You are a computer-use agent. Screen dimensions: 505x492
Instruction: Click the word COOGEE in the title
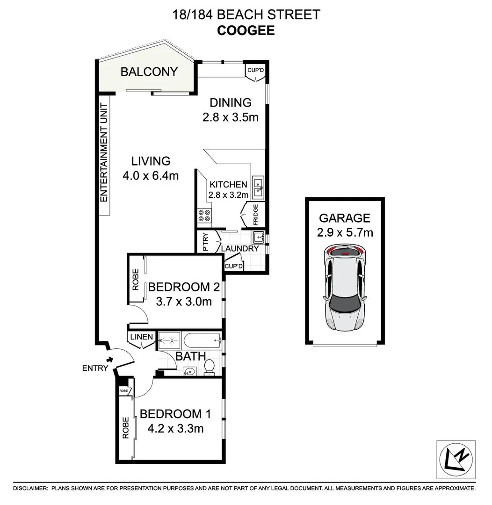pos(246,30)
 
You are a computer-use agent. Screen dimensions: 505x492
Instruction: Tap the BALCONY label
pos(149,72)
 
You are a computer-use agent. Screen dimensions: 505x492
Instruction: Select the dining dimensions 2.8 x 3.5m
pos(230,117)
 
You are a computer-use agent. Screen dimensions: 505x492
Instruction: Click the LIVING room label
pos(151,161)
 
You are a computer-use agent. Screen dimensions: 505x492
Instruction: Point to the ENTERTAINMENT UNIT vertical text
pos(104,152)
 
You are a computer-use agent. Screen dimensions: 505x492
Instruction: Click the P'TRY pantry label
pos(205,243)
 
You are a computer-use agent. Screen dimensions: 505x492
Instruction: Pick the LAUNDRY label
pos(239,249)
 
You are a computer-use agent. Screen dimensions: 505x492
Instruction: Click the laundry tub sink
pos(259,236)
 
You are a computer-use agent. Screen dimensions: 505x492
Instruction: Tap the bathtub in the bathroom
pos(201,339)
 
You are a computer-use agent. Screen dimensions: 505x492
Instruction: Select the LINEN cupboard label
pos(141,337)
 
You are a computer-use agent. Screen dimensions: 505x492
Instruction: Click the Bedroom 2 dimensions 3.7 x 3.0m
pos(184,302)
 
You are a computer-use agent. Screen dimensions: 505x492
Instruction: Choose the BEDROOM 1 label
pos(175,414)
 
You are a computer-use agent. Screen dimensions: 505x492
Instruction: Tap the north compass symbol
pos(456,460)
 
